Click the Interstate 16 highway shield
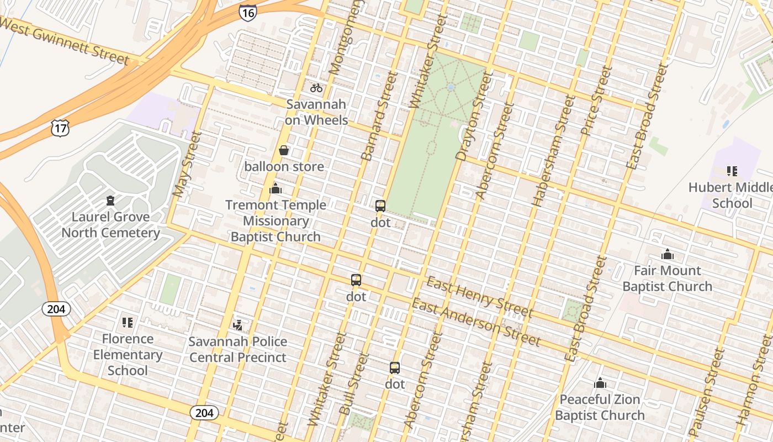point(248,13)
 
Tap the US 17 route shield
point(59,128)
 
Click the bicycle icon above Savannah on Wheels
point(316,87)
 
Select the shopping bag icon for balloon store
point(284,150)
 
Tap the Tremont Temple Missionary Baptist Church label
point(276,221)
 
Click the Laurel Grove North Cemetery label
point(110,224)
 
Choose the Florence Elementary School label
point(128,354)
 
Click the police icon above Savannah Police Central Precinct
point(238,325)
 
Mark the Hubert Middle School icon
point(732,171)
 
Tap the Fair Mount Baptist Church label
point(667,278)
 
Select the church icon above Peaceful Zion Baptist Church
point(600,383)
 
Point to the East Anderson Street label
point(476,322)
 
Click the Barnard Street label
point(379,116)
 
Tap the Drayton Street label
point(474,116)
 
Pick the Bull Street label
point(353,385)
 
